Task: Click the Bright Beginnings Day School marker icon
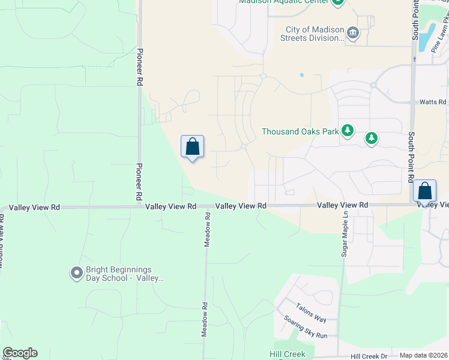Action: pos(76,273)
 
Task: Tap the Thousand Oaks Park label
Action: pos(300,131)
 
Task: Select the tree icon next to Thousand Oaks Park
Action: pos(348,130)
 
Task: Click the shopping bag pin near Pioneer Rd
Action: pos(192,146)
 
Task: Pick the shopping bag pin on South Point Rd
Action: pos(424,191)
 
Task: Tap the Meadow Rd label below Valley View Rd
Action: pos(207,229)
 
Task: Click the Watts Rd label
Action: pos(433,102)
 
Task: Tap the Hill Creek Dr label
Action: pos(369,356)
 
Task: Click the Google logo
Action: pos(20,353)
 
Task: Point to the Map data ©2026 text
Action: pos(423,355)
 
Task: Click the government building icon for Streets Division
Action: pos(353,33)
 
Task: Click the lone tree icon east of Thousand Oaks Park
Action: pos(372,139)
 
